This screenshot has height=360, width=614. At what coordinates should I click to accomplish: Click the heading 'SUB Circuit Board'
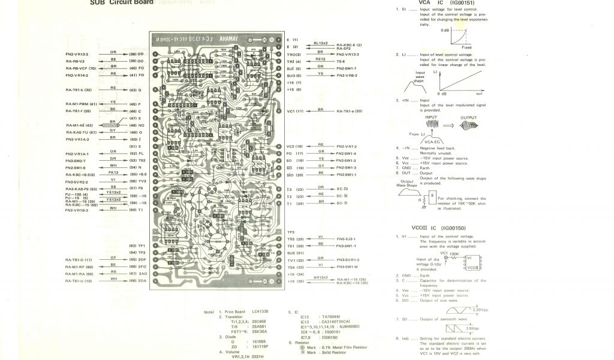click(122, 2)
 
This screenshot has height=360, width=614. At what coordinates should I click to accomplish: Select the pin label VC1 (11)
click(295, 111)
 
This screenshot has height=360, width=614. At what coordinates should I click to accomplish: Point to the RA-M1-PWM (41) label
click(81, 104)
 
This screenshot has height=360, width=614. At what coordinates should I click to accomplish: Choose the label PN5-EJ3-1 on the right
click(347, 239)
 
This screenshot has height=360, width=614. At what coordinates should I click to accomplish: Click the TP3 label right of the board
click(291, 232)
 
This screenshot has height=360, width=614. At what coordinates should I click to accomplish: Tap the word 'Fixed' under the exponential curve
click(466, 47)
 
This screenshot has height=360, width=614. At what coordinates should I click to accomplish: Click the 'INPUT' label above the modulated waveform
click(440, 118)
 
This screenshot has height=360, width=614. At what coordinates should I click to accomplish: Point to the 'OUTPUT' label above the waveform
click(468, 118)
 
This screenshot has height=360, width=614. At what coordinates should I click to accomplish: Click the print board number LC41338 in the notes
click(260, 312)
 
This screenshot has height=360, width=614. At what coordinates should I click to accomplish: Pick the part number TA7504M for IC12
click(332, 317)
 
